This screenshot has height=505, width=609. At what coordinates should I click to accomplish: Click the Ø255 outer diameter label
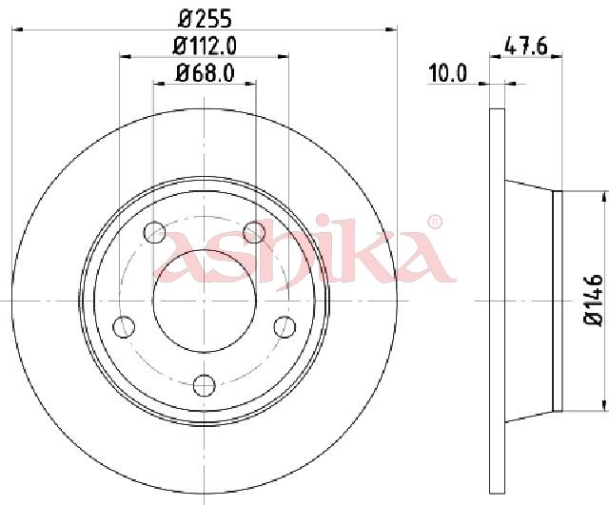tap(205, 19)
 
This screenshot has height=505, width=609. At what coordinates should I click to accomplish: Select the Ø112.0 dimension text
tap(205, 47)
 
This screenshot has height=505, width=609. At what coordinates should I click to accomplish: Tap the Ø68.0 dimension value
tap(205, 72)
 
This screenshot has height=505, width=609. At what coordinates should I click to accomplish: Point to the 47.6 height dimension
tap(525, 47)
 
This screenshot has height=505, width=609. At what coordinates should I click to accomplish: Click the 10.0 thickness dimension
tap(447, 73)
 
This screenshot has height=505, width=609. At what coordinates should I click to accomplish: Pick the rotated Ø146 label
tap(593, 300)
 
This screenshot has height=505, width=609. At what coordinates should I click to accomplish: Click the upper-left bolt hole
tap(154, 232)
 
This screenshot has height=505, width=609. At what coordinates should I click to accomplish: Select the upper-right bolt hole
tap(254, 232)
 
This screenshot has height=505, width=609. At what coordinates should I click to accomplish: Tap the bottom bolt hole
tap(205, 385)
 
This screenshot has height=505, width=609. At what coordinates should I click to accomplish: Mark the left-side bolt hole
tap(124, 326)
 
